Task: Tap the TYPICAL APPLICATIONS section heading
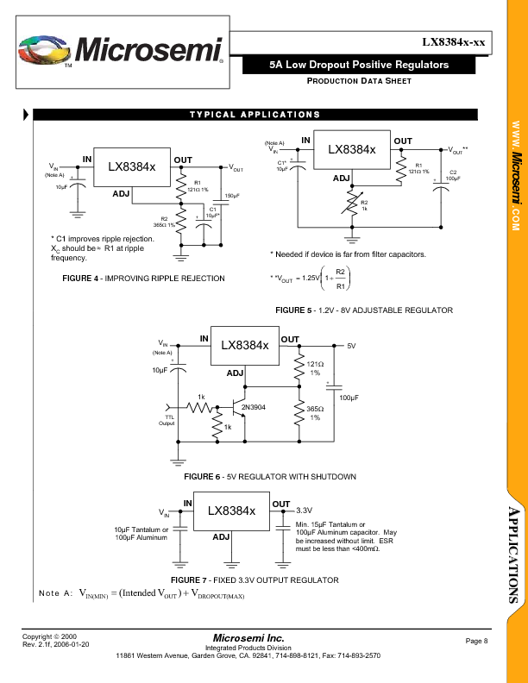click(255, 115)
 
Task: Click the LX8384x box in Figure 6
click(244, 345)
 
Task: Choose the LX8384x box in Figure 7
click(231, 511)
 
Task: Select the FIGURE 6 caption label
click(204, 477)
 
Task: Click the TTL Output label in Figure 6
click(167, 420)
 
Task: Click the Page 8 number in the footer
click(477, 641)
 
